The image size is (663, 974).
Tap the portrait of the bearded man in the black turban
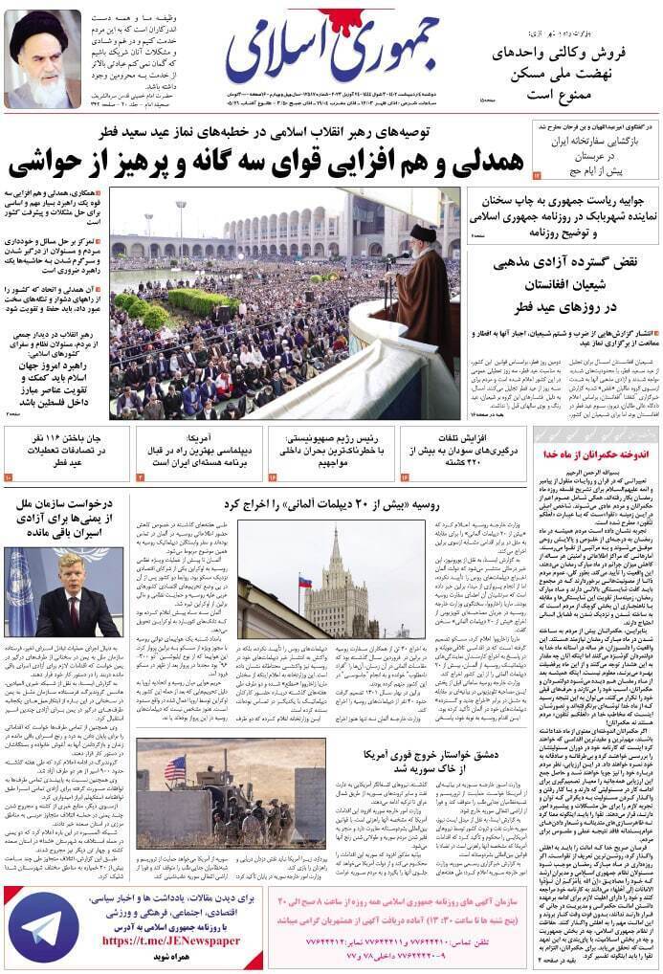(x=43, y=59)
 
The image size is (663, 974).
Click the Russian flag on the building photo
(x=305, y=583)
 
